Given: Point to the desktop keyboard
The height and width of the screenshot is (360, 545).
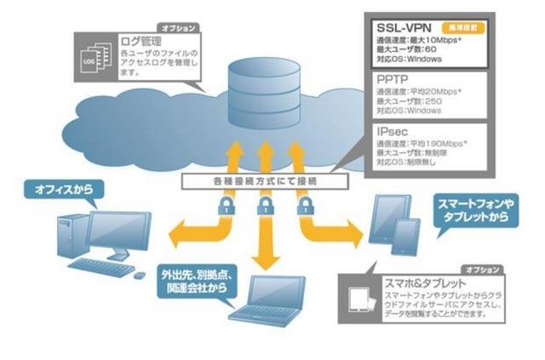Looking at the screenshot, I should pos(102,266).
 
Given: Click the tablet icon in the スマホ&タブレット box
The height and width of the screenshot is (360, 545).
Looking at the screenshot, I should pos(361,297).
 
